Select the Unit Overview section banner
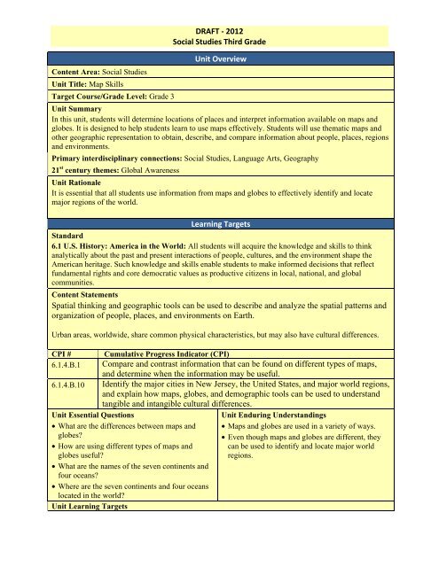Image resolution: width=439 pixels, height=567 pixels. click(219, 58)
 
